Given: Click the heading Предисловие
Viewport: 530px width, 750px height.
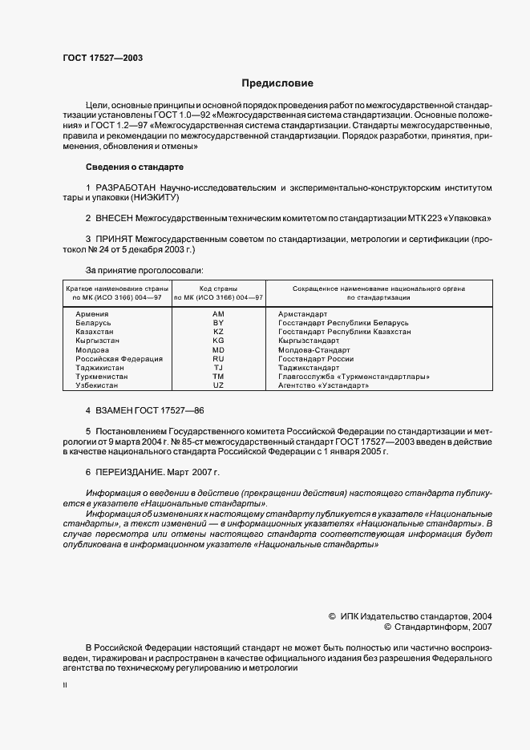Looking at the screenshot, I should coord(277,83).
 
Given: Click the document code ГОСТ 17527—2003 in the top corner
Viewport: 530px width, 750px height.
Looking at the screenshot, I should coord(103,58).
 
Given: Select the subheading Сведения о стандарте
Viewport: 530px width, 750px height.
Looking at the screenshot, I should coord(134,167).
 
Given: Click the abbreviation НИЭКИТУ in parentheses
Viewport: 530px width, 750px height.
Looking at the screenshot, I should coord(167,197).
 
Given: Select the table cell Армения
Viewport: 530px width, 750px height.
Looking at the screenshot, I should coord(93,314).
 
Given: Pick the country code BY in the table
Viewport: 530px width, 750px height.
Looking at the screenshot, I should coord(218,323).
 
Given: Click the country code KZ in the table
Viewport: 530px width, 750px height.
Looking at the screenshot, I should coord(218,332).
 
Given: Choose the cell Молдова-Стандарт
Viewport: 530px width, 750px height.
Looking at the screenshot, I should coord(314,350).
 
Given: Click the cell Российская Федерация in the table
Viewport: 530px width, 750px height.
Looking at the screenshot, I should coord(119,359).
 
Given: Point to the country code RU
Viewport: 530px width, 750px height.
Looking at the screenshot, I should coord(218,359).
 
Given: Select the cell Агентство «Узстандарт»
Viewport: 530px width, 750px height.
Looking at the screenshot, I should coord(323,385).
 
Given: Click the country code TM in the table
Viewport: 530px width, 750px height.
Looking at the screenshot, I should coord(218,377).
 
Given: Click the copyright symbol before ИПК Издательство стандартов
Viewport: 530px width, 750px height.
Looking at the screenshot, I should coord(332,617).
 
